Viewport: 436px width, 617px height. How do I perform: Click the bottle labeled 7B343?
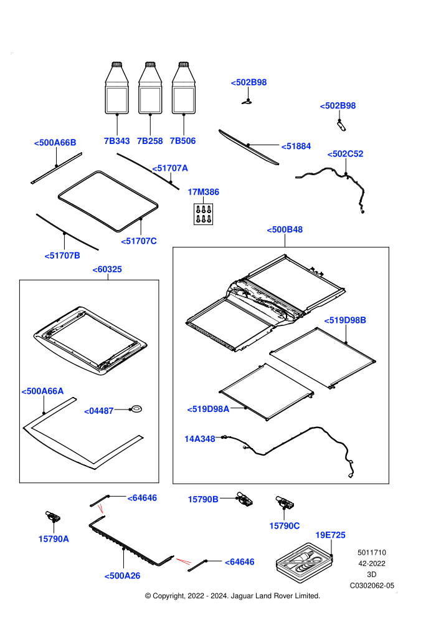tap(116, 88)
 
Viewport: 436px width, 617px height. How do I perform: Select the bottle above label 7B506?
tap(184, 88)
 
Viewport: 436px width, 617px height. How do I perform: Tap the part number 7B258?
tap(149, 141)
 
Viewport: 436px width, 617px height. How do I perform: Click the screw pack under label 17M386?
tap(203, 214)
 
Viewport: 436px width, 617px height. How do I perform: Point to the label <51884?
tap(296, 146)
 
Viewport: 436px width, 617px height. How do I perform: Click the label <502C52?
tap(345, 154)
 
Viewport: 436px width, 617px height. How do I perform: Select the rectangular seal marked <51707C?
tap(108, 201)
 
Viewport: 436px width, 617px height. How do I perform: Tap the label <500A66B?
tap(55, 143)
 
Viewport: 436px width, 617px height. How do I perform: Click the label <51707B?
tap(62, 256)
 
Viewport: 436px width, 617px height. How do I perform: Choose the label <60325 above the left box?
tap(107, 269)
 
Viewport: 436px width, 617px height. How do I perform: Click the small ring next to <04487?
tap(136, 409)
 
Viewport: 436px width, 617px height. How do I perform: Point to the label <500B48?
tap(285, 230)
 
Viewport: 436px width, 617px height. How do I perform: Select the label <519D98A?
tap(208, 409)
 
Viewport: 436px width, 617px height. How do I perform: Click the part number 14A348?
tap(200, 439)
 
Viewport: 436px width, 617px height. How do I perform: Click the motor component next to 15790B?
tap(244, 499)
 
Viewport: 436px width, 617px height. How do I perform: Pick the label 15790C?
tap(284, 526)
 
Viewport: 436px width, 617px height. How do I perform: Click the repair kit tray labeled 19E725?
tap(305, 562)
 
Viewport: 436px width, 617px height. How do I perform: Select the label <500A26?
tap(122, 576)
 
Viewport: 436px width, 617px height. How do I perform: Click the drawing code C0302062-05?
tap(372, 586)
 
